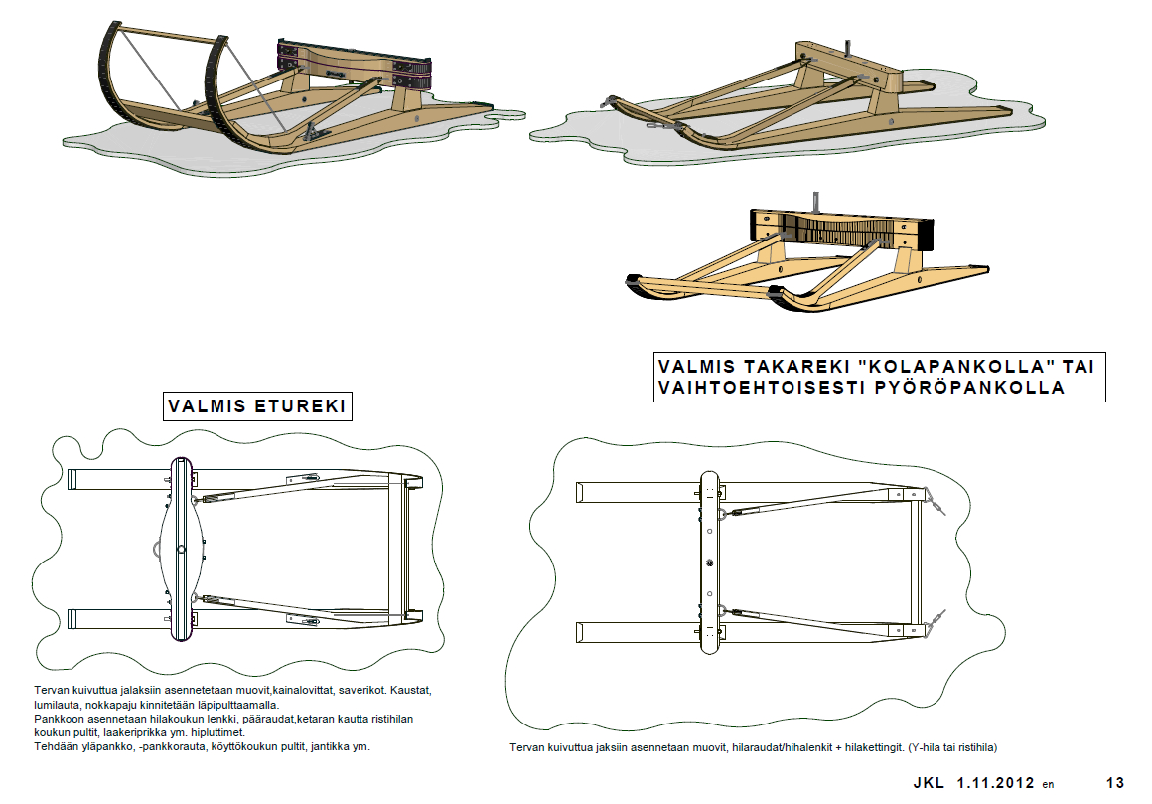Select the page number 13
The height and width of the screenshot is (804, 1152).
coord(1114,783)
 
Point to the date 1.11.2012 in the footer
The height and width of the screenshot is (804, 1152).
coord(996,783)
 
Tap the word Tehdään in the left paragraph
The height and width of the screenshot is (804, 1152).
coord(55,746)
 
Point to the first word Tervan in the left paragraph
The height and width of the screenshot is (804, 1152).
coord(51,689)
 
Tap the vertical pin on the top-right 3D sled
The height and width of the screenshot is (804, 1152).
coord(847,48)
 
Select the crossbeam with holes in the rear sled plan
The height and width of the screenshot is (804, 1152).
coord(709,563)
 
